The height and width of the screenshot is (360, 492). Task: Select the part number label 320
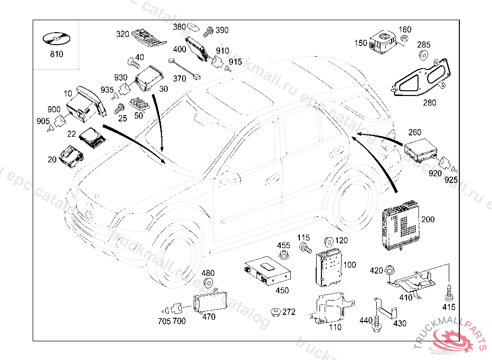coord(123,34)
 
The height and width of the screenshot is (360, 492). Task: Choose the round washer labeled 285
coord(424,54)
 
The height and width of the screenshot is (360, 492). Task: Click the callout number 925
coord(451,180)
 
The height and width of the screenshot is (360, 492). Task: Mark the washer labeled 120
coord(330,241)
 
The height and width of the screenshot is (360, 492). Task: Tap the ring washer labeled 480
coord(209,283)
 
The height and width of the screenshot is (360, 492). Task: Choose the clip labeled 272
coord(275,312)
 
